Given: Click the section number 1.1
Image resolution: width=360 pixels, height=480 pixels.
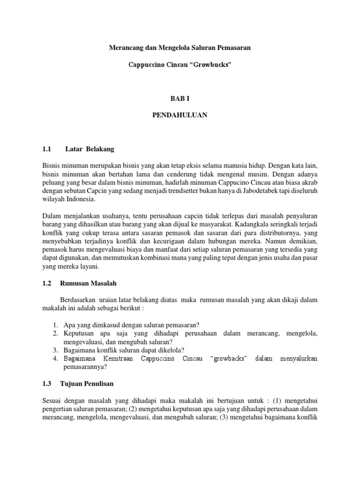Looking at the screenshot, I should [x=46, y=149].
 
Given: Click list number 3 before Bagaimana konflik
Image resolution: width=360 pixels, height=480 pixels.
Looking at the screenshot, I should [x=55, y=350].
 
